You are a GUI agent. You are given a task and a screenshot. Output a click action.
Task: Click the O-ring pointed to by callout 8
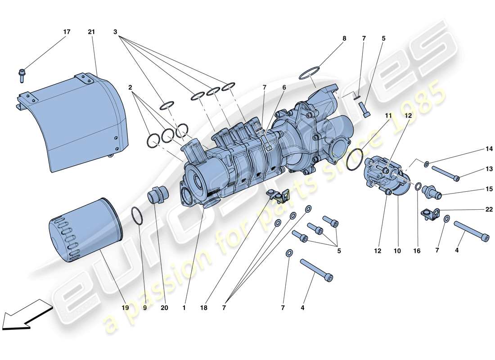(310, 72)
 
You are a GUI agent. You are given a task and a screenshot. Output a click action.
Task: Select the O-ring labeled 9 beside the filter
(138, 216)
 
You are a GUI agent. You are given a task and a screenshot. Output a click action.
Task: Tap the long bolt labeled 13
(445, 174)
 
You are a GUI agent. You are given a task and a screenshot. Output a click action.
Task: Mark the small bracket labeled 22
(429, 213)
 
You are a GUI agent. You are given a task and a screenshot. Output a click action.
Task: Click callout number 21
(92, 32)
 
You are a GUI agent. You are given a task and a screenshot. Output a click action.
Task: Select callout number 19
(125, 308)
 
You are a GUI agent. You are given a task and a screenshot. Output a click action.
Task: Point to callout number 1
(184, 308)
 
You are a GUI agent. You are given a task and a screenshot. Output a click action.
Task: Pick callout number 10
(397, 251)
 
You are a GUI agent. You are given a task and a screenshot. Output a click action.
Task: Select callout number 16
(417, 251)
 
